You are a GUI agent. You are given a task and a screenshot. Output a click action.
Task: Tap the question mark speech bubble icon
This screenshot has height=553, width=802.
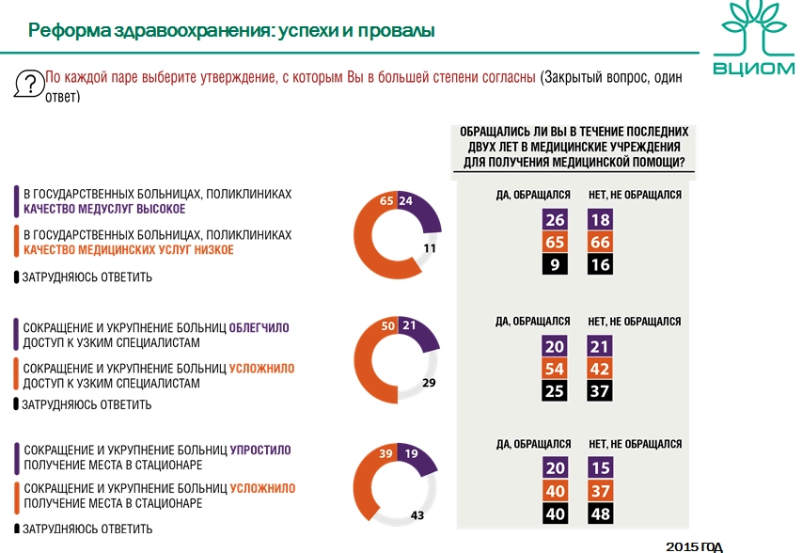pos(30,83)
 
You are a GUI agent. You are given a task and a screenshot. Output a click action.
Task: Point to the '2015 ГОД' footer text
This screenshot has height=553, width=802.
pos(695,546)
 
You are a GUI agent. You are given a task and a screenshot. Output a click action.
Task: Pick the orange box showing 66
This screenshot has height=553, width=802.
pos(600,244)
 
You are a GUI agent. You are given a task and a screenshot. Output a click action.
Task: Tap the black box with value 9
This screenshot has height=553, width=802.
pos(555,266)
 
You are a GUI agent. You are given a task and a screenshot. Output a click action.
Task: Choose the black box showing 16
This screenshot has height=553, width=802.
pos(600,266)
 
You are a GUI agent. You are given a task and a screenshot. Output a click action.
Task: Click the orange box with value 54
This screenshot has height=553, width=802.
pos(555,369)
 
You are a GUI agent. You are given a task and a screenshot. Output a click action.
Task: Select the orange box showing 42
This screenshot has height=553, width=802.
pos(600,369)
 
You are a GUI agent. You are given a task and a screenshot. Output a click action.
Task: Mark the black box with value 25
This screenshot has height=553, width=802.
pos(555,391)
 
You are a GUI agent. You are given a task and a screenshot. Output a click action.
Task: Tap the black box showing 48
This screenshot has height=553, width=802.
pos(600,513)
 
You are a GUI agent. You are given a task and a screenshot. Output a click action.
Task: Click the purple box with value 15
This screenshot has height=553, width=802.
pos(600,468)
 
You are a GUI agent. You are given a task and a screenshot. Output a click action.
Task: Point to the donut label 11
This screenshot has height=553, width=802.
pos(431,248)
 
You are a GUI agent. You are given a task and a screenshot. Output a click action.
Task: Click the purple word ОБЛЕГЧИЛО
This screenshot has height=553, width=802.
pos(259,328)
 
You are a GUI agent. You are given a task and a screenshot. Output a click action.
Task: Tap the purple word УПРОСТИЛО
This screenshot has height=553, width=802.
pos(260,450)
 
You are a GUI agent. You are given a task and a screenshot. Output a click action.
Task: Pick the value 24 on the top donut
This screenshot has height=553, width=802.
pos(406,200)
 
